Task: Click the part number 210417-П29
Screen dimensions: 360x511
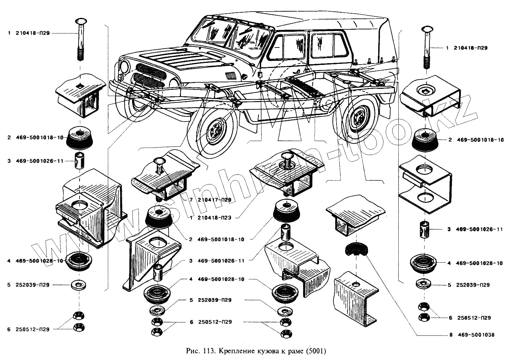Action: pyautogui.click(x=214, y=200)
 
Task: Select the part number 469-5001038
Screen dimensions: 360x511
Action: pyautogui.click(x=476, y=335)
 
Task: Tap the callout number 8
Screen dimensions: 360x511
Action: pyautogui.click(x=451, y=335)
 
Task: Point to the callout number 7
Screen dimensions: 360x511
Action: pyautogui.click(x=191, y=200)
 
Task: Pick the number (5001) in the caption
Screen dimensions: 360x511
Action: pyautogui.click(x=316, y=351)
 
